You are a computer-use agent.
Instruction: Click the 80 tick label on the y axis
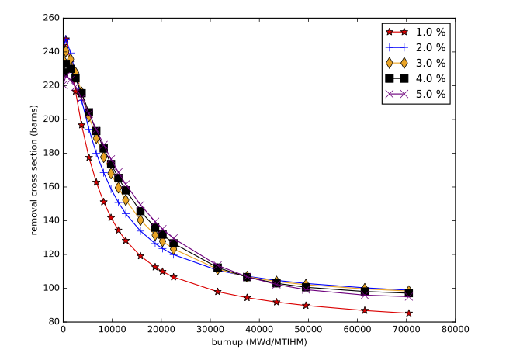(x=52, y=321)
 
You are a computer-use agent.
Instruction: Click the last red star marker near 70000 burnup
(x=408, y=313)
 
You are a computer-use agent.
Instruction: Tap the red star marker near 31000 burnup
(x=218, y=292)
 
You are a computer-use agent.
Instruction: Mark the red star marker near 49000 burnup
(x=307, y=306)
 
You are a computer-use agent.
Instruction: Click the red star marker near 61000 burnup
(x=365, y=310)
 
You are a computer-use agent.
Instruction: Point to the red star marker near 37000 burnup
(x=247, y=298)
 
